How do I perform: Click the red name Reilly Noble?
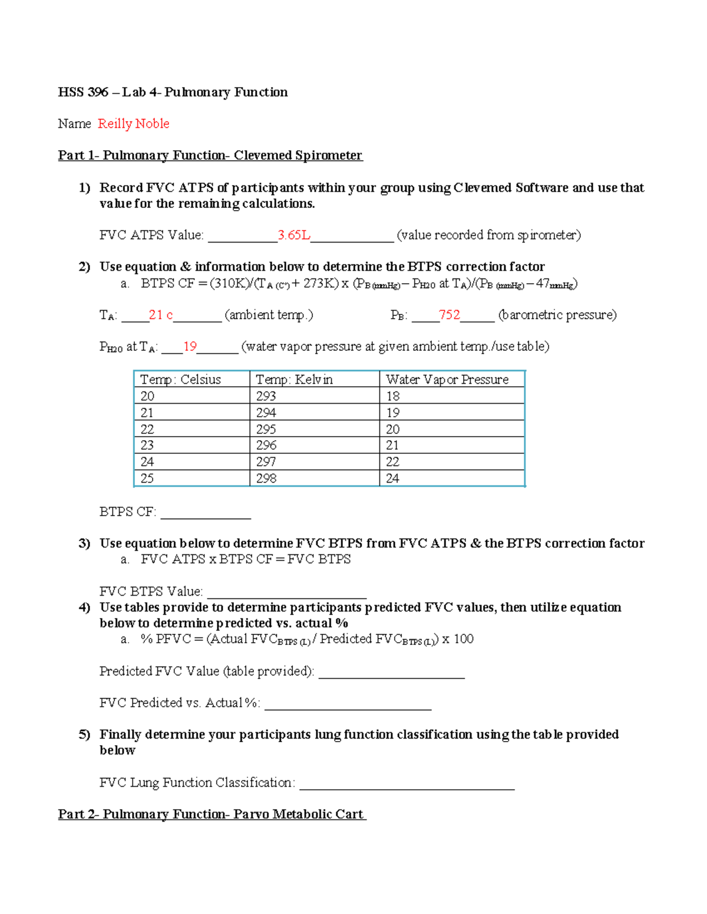134,124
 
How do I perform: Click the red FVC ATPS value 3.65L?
294,235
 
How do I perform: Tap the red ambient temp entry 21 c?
160,315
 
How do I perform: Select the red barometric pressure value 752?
449,315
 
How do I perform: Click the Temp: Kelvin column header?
294,380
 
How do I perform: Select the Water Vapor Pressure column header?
447,380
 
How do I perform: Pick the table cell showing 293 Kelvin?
266,396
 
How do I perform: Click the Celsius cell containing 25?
147,478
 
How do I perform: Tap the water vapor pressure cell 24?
392,478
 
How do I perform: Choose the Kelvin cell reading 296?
266,446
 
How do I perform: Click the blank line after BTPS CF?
206,513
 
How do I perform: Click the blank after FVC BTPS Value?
287,592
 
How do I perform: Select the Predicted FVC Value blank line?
391,672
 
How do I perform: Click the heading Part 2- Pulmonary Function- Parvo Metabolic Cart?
212,814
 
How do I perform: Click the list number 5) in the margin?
84,734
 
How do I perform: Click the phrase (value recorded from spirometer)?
488,235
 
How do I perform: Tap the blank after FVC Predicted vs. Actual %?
348,704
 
